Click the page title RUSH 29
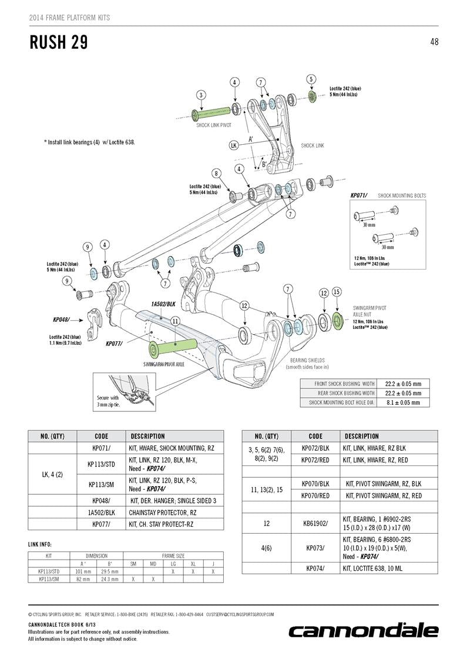tap(59, 42)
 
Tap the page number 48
tap(434, 42)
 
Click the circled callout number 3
tap(201, 95)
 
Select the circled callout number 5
tap(311, 79)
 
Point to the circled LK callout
tap(233, 145)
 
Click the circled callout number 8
tap(217, 174)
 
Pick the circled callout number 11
tap(175, 321)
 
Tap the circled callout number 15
tap(337, 292)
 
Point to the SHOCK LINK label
tap(313, 145)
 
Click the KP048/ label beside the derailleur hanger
tap(61, 320)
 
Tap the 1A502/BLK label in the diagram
tap(163, 304)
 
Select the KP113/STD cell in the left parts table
tap(100, 464)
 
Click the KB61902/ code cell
tap(315, 522)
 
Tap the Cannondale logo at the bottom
tap(363, 631)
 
